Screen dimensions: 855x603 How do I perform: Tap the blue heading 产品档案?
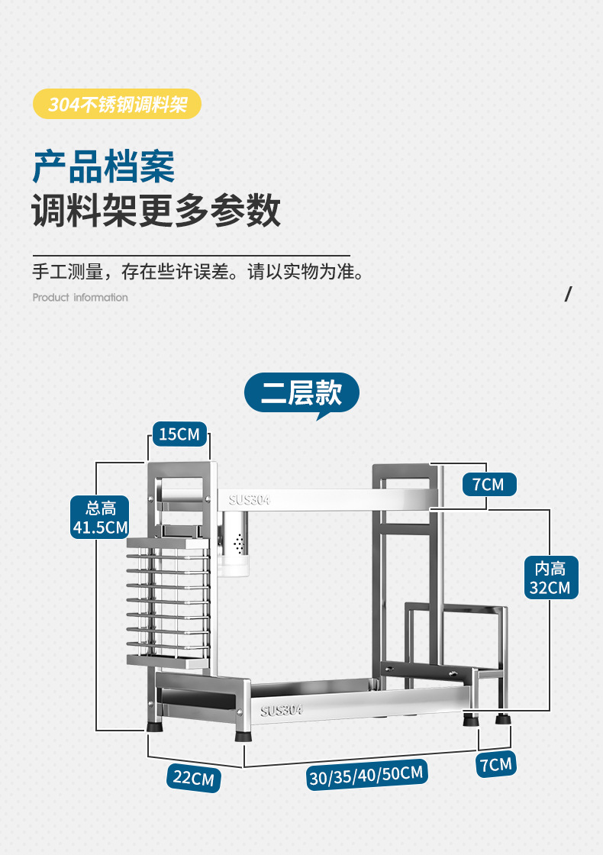(104, 166)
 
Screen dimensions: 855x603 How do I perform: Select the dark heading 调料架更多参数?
(156, 211)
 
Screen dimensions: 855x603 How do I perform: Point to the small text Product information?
(80, 298)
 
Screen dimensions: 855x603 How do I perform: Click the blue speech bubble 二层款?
(301, 393)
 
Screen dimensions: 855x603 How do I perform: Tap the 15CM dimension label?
(179, 435)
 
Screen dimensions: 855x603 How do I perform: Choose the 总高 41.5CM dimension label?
(100, 517)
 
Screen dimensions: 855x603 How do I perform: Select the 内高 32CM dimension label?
(550, 577)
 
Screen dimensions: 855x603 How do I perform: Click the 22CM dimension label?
(193, 778)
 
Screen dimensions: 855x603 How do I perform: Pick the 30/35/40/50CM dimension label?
(366, 774)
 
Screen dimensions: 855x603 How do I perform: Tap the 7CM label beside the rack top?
(488, 484)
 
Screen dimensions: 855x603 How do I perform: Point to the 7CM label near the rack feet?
(495, 763)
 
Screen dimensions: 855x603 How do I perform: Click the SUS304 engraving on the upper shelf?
(250, 500)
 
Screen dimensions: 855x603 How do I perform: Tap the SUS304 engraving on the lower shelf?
(281, 710)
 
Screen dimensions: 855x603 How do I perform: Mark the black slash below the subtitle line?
(567, 295)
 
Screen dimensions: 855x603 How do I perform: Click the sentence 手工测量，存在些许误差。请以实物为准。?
(198, 272)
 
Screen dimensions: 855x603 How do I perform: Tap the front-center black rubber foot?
(243, 735)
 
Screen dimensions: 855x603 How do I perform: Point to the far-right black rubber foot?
(502, 719)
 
